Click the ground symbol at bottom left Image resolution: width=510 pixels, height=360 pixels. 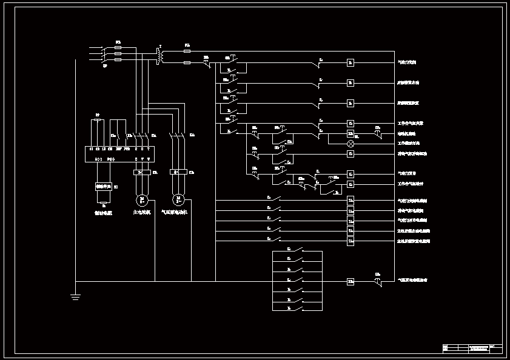pos(75,296)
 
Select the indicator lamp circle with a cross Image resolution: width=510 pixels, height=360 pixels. pos(351,144)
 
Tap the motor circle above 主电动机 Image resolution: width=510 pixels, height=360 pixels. pos(142,199)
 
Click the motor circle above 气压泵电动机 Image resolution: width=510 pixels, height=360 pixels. pos(178,199)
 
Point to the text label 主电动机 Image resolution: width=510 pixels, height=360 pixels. pos(142,213)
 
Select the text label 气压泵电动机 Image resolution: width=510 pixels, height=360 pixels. pos(175,213)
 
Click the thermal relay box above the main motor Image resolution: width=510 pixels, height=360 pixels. pos(141,173)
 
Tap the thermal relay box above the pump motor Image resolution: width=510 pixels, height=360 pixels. pos(178,173)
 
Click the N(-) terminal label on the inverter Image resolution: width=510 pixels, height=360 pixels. pos(98,159)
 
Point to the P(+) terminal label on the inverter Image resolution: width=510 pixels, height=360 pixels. pos(110,159)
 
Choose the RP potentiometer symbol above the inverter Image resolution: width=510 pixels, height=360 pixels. pos(98,121)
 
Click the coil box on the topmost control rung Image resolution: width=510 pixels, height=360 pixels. pos(351,62)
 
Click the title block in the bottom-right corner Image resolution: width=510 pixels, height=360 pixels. pos(472,348)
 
